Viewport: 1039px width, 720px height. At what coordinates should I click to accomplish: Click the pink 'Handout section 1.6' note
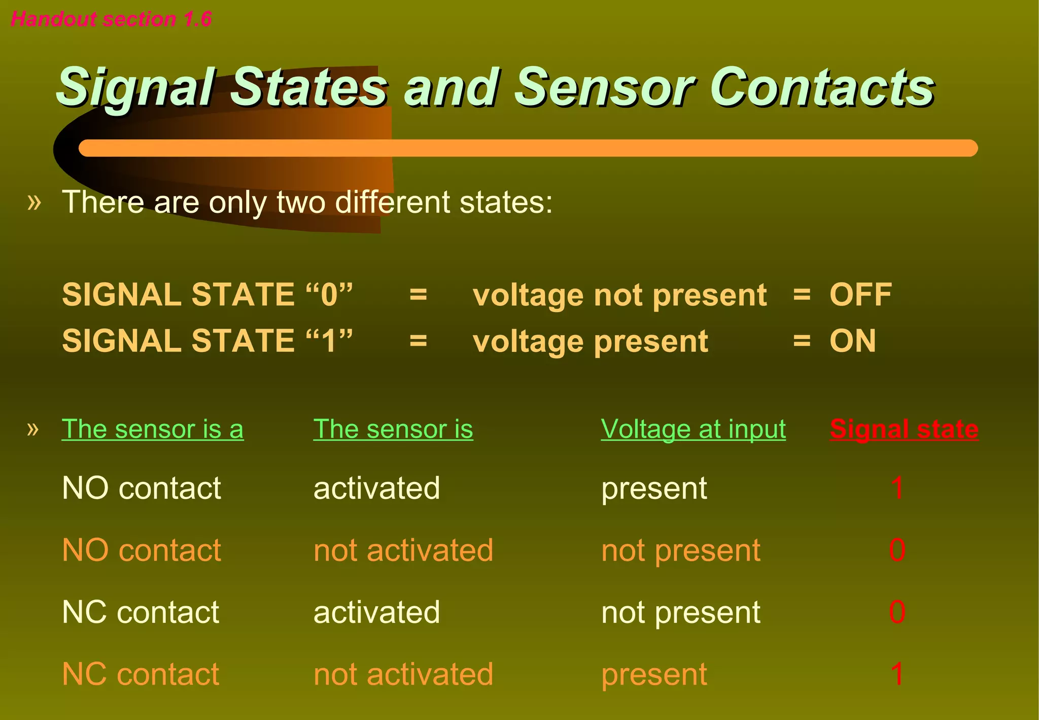pyautogui.click(x=111, y=19)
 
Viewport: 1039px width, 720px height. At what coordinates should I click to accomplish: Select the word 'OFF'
pyautogui.click(x=860, y=294)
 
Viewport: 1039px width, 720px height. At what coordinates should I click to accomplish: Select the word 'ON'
pyautogui.click(x=852, y=341)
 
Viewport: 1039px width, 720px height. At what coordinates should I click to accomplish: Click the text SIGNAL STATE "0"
pyautogui.click(x=207, y=294)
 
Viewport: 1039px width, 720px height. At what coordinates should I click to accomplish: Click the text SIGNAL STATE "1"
pyautogui.click(x=207, y=341)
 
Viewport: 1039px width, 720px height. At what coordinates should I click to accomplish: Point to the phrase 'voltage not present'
pyautogui.click(x=619, y=296)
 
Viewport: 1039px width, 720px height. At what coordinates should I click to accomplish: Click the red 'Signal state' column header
pyautogui.click(x=904, y=429)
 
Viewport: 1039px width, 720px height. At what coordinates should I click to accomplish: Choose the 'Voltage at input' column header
pyautogui.click(x=693, y=429)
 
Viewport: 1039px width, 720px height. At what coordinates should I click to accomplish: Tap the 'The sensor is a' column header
pyautogui.click(x=152, y=429)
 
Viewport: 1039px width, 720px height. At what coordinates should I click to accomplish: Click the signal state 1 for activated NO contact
pyautogui.click(x=897, y=488)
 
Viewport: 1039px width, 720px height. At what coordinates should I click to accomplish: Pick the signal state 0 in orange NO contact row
pyautogui.click(x=897, y=550)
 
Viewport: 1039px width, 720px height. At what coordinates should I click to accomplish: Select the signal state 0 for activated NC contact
pyautogui.click(x=897, y=612)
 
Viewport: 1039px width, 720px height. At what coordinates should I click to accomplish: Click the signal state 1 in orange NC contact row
pyautogui.click(x=897, y=674)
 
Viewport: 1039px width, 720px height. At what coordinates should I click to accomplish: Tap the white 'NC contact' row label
pyautogui.click(x=141, y=612)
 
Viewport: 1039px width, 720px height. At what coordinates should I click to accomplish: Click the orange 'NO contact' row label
pyautogui.click(x=142, y=550)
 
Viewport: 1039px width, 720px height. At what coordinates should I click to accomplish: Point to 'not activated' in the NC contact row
pyautogui.click(x=403, y=674)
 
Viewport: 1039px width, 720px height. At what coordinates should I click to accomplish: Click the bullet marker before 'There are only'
pyautogui.click(x=34, y=202)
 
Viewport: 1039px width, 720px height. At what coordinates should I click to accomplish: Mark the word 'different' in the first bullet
pyautogui.click(x=392, y=202)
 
